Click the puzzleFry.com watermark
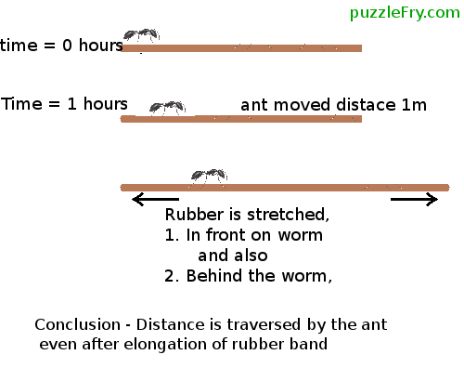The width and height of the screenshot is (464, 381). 405,13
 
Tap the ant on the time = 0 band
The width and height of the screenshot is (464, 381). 141,35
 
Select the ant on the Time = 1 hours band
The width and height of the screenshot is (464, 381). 167,108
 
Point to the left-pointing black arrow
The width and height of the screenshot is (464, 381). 156,199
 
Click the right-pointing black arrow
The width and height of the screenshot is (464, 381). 414,199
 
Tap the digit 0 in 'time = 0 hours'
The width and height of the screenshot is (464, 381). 67,46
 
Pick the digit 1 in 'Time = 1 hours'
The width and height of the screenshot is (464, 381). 71,104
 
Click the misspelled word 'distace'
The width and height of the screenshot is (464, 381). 366,105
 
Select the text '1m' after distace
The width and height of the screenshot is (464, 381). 414,105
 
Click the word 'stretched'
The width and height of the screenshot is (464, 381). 288,215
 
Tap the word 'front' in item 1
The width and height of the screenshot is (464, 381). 226,235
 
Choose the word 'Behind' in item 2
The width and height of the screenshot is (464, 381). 213,275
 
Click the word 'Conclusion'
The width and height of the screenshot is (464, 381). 77,324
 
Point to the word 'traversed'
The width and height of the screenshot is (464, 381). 264,324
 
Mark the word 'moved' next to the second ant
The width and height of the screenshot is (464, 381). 303,105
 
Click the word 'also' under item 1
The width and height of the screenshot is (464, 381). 251,256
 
